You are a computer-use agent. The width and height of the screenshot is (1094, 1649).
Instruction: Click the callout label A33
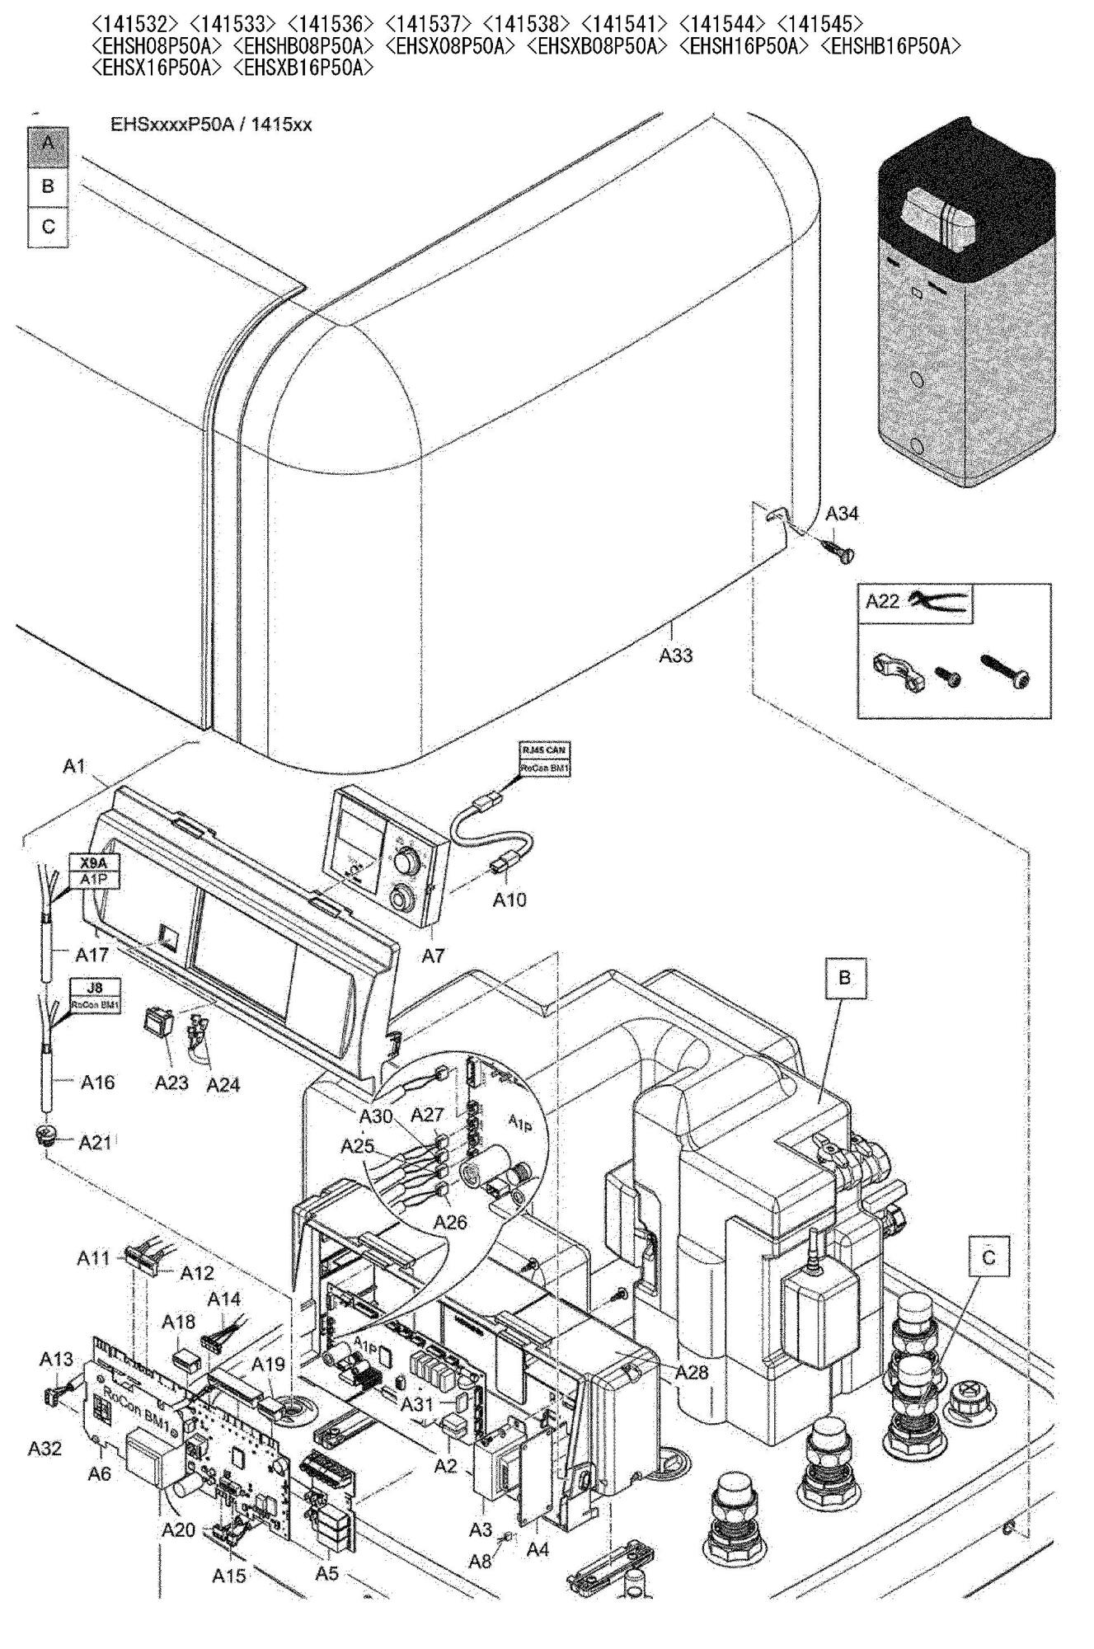click(x=675, y=655)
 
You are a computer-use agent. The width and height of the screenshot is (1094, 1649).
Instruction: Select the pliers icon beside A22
click(x=938, y=600)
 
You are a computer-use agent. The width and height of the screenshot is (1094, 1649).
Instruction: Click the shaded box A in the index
click(x=48, y=145)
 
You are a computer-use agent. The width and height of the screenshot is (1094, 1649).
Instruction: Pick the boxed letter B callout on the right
click(x=845, y=978)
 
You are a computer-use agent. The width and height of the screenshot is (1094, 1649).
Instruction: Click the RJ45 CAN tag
click(x=544, y=750)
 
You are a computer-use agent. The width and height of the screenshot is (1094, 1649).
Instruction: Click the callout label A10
click(x=509, y=900)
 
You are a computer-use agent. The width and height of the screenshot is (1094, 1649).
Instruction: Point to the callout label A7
click(x=433, y=956)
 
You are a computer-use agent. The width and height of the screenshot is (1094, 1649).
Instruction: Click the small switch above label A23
click(x=160, y=1022)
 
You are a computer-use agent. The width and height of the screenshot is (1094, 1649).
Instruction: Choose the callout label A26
click(x=450, y=1222)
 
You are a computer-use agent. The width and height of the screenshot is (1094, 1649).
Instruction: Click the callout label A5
click(x=327, y=1572)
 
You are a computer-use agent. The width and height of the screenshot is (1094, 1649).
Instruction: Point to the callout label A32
click(x=45, y=1449)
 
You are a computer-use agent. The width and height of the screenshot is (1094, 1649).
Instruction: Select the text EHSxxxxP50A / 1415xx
click(x=211, y=125)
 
